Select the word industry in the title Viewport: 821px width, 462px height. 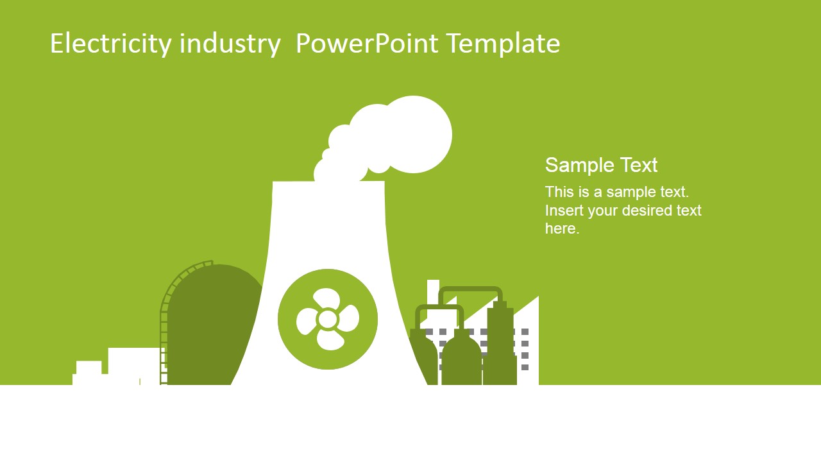coord(230,44)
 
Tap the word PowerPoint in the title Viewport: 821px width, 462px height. coord(367,43)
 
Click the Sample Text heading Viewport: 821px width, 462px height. coord(601,165)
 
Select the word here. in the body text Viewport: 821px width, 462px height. coord(563,228)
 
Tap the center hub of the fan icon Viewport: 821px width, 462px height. coord(327,319)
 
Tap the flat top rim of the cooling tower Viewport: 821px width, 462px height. coord(328,182)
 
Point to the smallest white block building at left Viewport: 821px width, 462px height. coord(89,373)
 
